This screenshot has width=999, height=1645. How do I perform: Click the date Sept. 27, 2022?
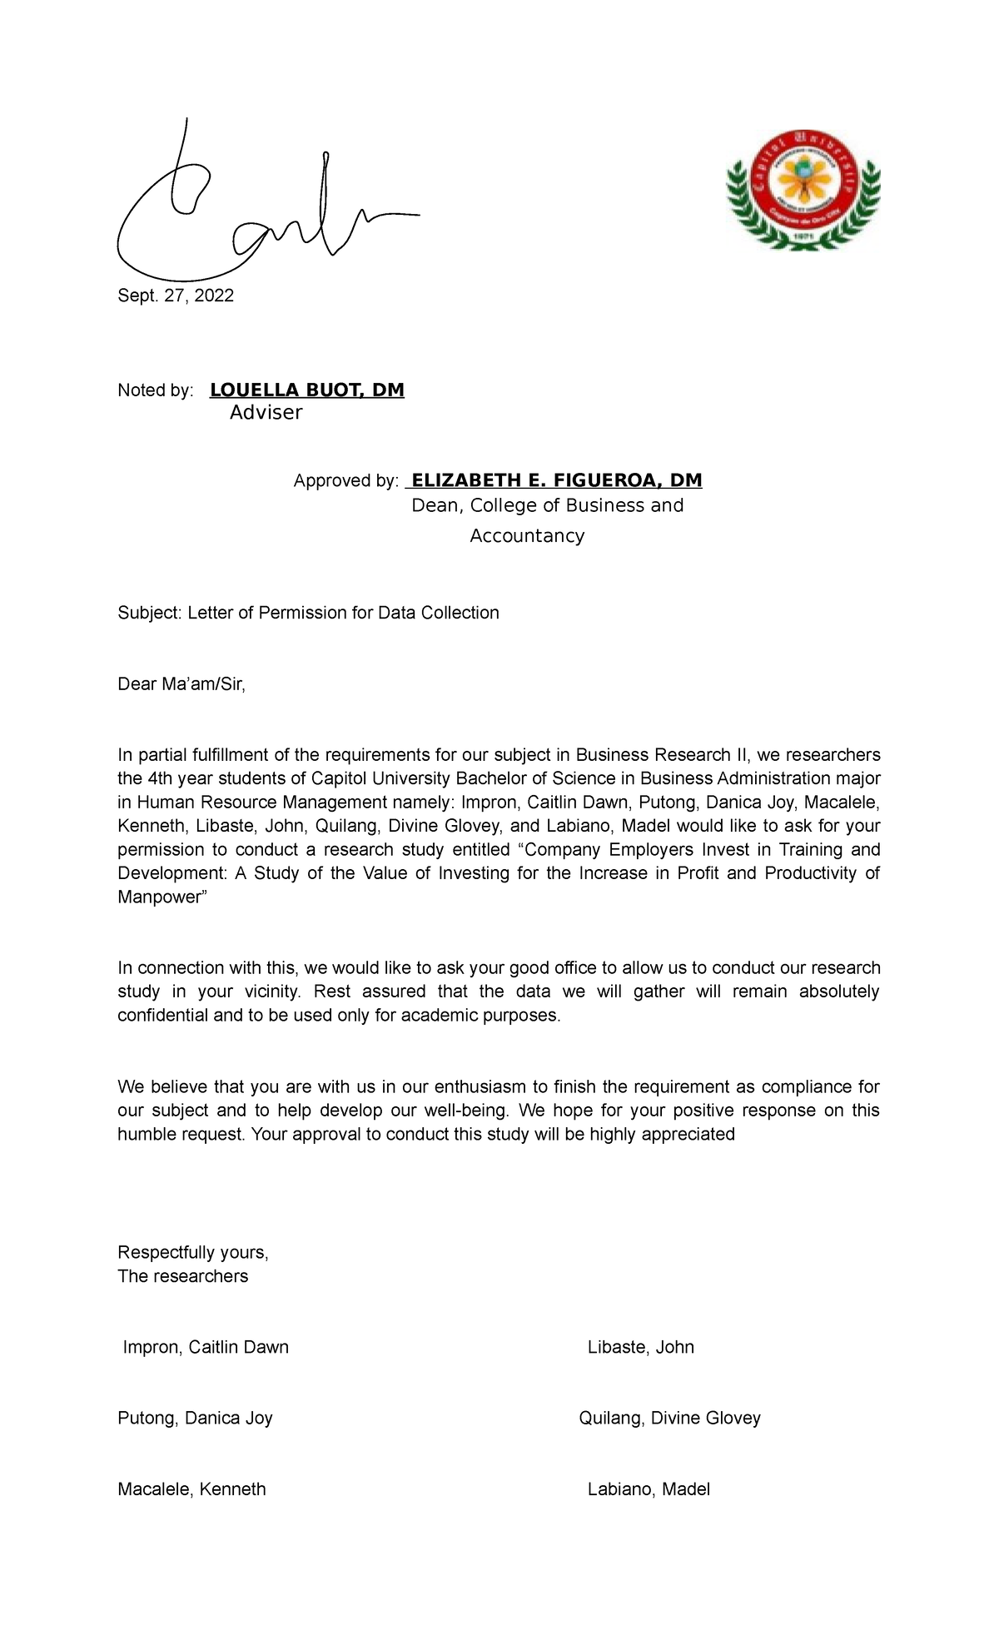pyautogui.click(x=176, y=296)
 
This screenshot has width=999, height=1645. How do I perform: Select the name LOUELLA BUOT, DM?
pyautogui.click(x=306, y=390)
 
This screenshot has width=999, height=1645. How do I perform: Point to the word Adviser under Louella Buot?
pyautogui.click(x=266, y=413)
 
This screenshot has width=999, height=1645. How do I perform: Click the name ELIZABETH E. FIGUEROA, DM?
pyautogui.click(x=556, y=480)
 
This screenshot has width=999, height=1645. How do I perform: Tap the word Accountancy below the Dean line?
pyautogui.click(x=527, y=536)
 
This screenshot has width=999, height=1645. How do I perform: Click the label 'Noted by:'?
pyautogui.click(x=156, y=390)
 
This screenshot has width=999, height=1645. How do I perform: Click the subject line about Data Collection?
pyautogui.click(x=308, y=613)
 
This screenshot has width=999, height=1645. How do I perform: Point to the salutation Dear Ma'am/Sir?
pyautogui.click(x=181, y=684)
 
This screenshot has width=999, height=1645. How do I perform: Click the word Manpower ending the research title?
pyautogui.click(x=161, y=897)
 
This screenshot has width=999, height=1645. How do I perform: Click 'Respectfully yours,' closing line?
pyautogui.click(x=192, y=1253)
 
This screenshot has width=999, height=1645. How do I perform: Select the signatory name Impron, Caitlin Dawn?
pyautogui.click(x=206, y=1347)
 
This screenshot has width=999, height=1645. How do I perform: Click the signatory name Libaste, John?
pyautogui.click(x=640, y=1347)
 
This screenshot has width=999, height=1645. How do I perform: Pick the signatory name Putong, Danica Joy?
pyautogui.click(x=195, y=1418)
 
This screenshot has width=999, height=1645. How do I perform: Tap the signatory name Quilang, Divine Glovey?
pyautogui.click(x=669, y=1418)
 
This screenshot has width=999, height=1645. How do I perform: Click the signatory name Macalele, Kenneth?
pyautogui.click(x=191, y=1489)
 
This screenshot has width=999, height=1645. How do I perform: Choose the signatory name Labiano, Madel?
pyautogui.click(x=649, y=1489)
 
